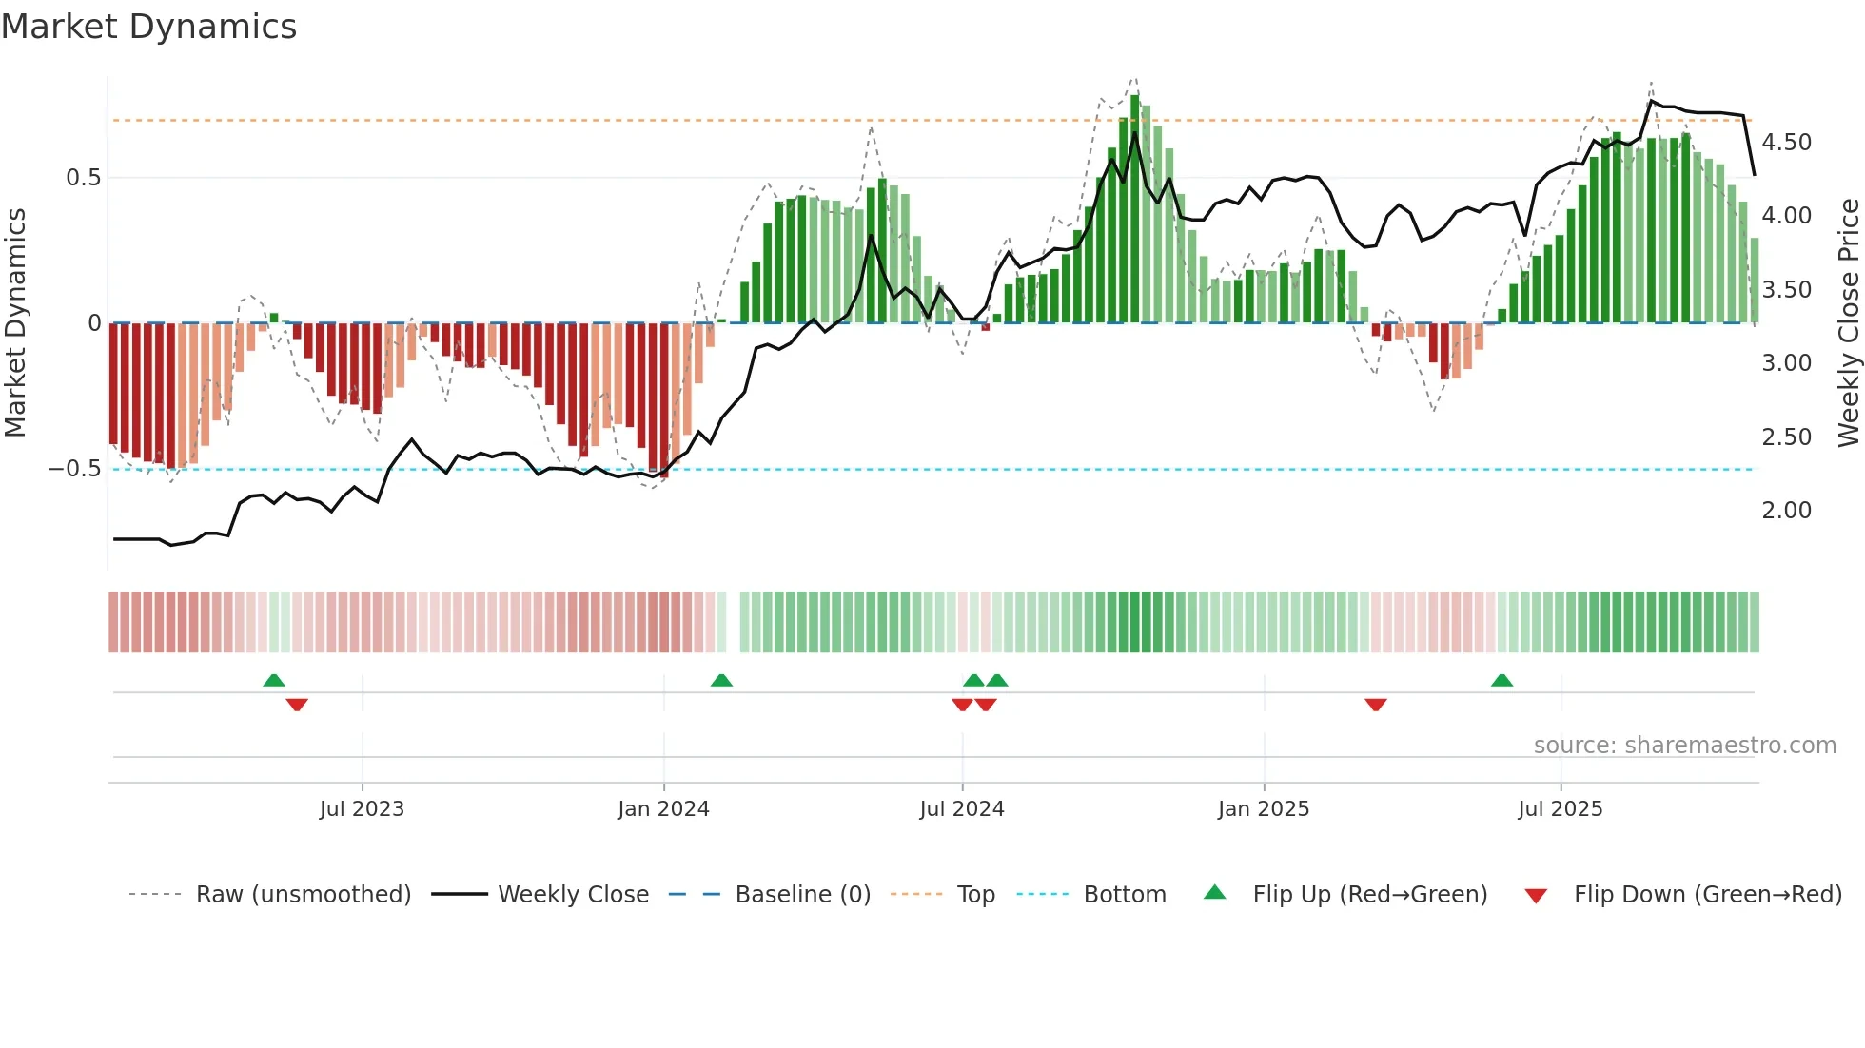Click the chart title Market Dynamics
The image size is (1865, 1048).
[x=149, y=27]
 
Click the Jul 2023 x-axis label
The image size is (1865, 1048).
[x=362, y=809]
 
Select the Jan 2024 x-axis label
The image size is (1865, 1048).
[x=663, y=809]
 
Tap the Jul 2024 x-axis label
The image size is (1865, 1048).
[x=962, y=809]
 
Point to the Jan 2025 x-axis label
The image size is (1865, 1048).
[x=1264, y=809]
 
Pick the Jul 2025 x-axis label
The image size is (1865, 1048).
[x=1561, y=809]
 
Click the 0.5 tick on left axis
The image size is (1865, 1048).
[x=83, y=178]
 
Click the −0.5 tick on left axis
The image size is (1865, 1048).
[x=75, y=469]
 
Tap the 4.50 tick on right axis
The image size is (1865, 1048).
[x=1786, y=143]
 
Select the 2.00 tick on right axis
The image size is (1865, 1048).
[x=1786, y=511]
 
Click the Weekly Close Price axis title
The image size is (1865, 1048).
[x=1848, y=322]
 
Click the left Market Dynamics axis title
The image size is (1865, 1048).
[x=16, y=322]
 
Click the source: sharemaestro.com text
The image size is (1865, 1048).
[x=1684, y=746]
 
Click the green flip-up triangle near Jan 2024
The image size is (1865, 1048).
[x=721, y=681]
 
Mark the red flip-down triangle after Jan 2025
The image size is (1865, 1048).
[x=1375, y=705]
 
